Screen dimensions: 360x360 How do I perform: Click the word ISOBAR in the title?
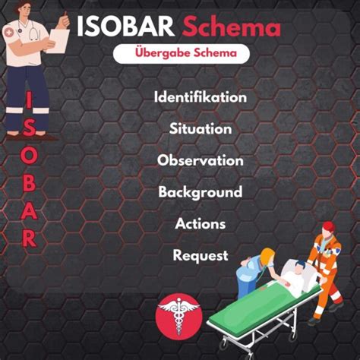[125, 26]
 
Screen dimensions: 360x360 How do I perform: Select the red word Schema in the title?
[232, 26]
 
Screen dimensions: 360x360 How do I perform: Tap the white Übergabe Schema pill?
[182, 53]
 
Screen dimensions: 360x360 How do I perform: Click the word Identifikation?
[201, 97]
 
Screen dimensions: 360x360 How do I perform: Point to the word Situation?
[201, 128]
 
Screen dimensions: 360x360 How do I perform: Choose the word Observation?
[201, 160]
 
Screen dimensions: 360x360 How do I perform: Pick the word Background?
[201, 192]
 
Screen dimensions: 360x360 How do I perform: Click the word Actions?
[201, 223]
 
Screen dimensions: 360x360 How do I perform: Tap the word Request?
[201, 255]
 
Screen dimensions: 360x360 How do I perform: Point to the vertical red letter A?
[29, 210]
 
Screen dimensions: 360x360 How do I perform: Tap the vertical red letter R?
[29, 238]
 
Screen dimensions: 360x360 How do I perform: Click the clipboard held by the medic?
[58, 40]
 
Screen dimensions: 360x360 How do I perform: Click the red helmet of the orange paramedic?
[329, 226]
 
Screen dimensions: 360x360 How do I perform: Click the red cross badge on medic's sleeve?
[9, 33]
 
